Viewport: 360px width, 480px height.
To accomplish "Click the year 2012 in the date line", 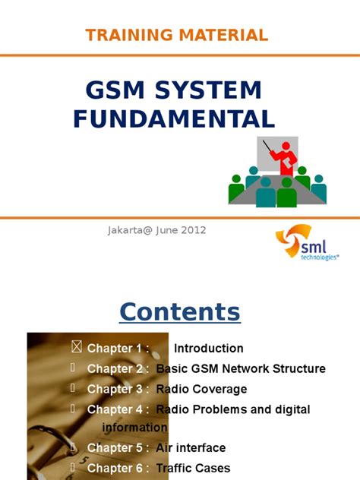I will tap(192, 229).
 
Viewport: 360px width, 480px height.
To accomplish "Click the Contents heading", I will tap(179, 311).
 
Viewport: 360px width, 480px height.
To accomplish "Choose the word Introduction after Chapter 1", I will tap(209, 349).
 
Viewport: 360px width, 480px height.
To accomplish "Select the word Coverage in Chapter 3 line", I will tap(218, 389).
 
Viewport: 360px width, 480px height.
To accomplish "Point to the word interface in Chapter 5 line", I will tap(201, 448).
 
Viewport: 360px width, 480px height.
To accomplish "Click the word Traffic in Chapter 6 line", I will tap(175, 468).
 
